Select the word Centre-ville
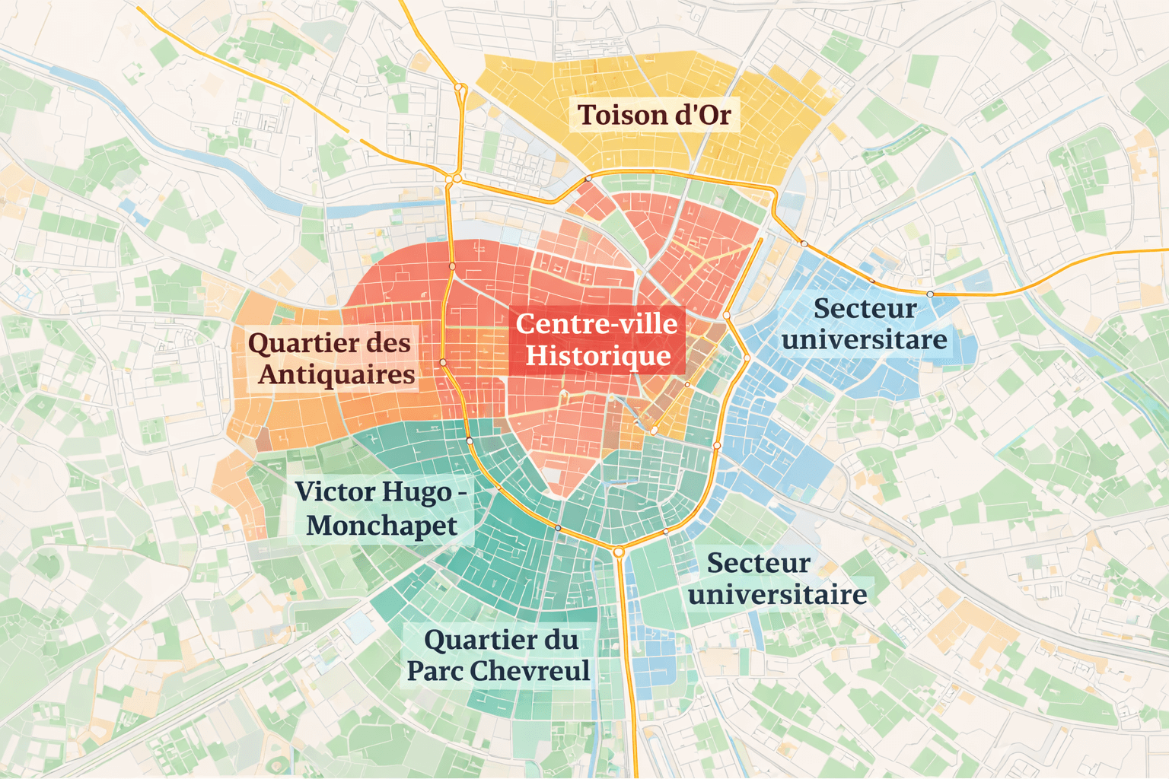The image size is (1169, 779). pos(597,324)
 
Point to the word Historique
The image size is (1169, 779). pos(598,356)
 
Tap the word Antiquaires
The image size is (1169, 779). pos(336,375)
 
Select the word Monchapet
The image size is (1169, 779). pos(381,526)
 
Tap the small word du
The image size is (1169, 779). pos(561,640)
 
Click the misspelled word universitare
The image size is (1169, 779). pos(865,339)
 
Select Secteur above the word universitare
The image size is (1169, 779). pos(865,309)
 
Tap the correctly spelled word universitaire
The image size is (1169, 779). pos(777,594)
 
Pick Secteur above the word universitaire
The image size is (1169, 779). pos(758,564)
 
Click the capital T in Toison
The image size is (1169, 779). pos(587,115)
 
